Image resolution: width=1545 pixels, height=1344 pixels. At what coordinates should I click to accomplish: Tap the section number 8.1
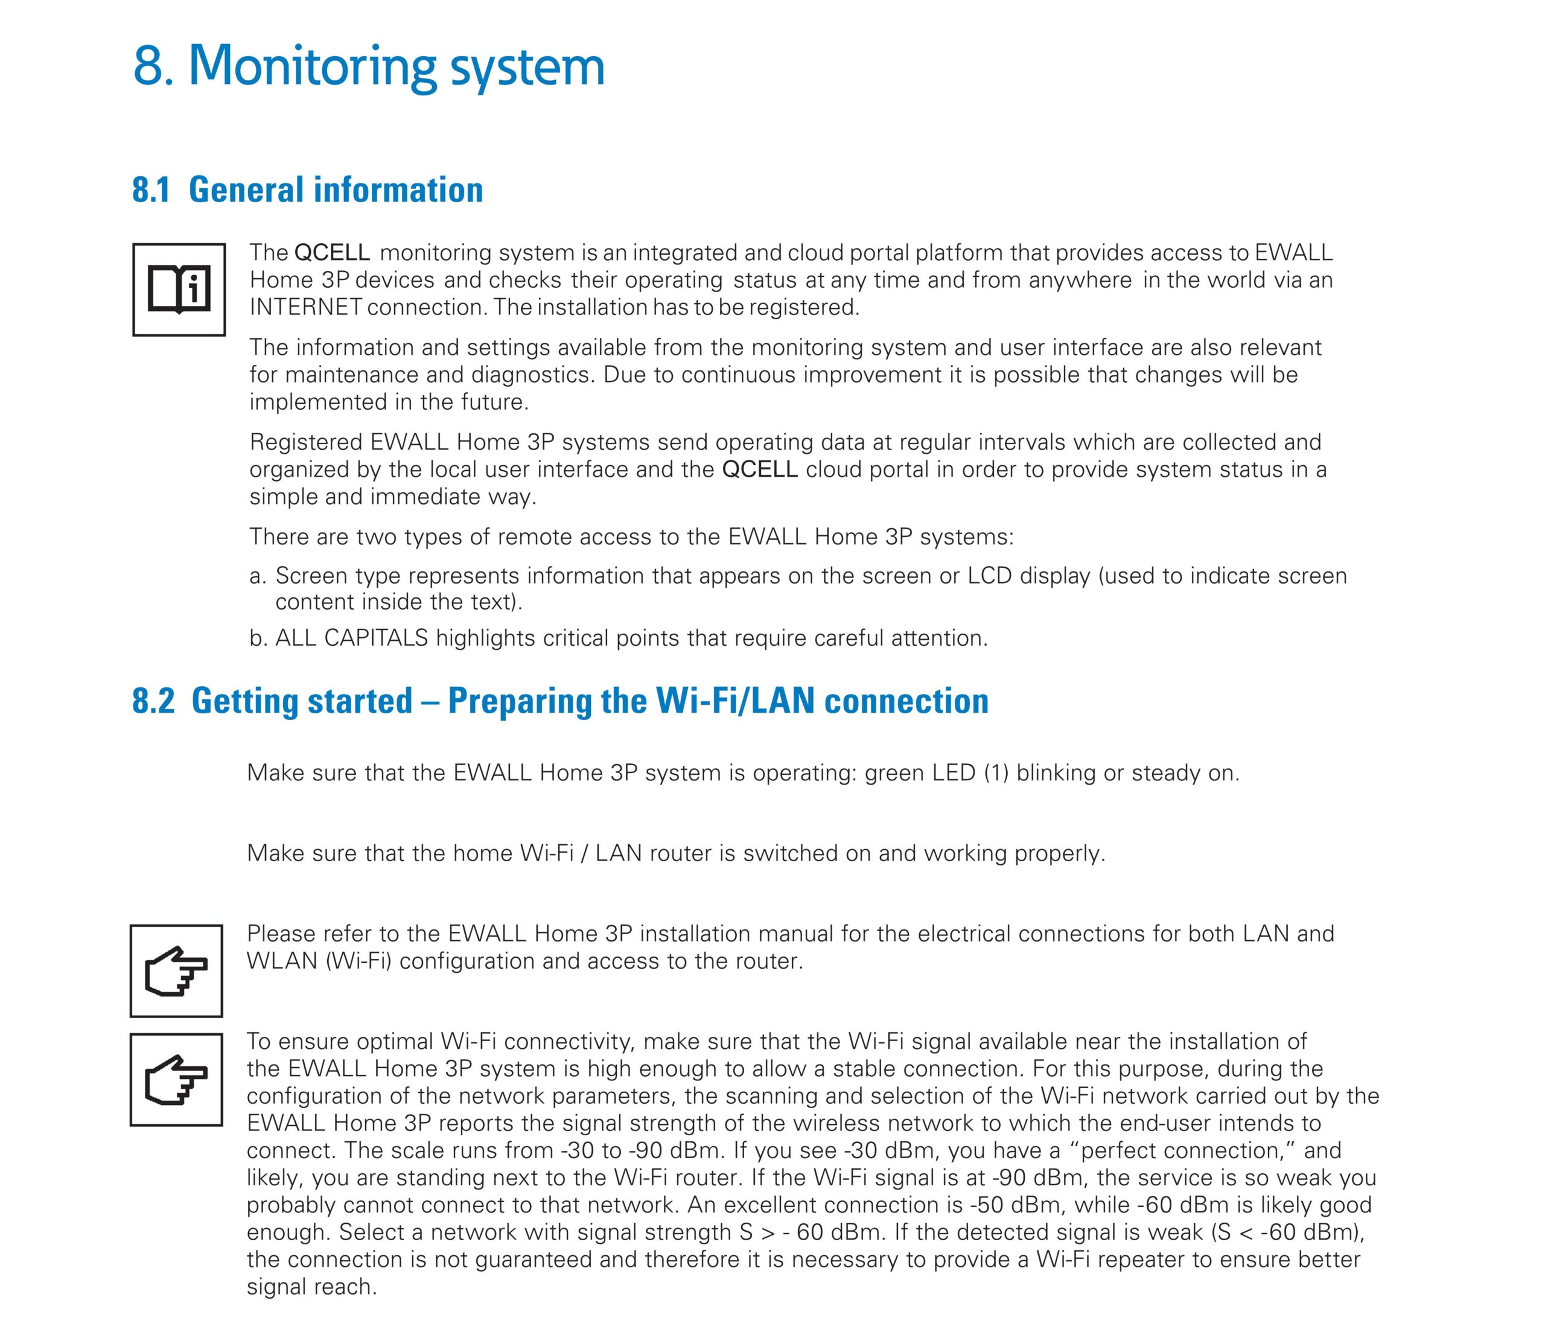[151, 189]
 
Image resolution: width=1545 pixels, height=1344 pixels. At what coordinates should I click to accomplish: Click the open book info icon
[179, 290]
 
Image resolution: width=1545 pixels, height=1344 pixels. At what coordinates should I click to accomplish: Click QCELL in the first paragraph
[331, 253]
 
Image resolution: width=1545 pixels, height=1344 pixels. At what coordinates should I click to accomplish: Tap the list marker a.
[257, 576]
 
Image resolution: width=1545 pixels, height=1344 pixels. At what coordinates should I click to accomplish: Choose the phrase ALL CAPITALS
[351, 639]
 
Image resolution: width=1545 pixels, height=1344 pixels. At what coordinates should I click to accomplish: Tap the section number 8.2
[153, 701]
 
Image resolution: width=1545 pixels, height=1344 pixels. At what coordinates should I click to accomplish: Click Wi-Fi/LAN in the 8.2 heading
[735, 701]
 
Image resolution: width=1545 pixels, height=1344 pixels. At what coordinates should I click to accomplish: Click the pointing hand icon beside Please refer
[176, 971]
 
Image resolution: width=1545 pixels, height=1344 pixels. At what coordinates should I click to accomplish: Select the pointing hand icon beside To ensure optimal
[176, 1080]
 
